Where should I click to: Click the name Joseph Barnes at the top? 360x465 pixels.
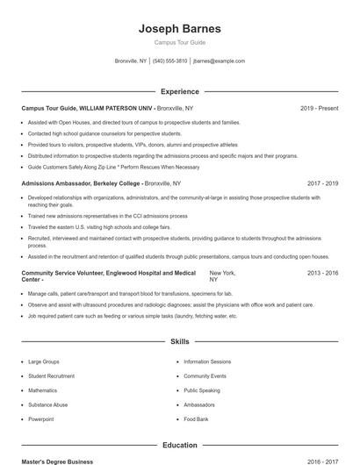pyautogui.click(x=179, y=29)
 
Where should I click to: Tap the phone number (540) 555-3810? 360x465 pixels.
pyautogui.click(x=169, y=61)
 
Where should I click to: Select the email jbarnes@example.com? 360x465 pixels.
pyautogui.click(x=219, y=61)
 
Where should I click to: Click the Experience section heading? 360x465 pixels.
pyautogui.click(x=179, y=91)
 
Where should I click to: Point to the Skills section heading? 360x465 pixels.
pyautogui.click(x=179, y=340)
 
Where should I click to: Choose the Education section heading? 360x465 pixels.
pyautogui.click(x=179, y=445)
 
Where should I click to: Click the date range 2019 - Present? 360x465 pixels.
pyautogui.click(x=319, y=108)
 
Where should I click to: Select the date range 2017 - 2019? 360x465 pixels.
pyautogui.click(x=322, y=183)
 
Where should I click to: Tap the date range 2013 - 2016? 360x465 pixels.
pyautogui.click(x=322, y=274)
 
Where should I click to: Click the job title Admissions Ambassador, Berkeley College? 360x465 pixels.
pyautogui.click(x=82, y=183)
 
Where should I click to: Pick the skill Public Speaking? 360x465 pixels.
pyautogui.click(x=202, y=390)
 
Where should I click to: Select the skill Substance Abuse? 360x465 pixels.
pyautogui.click(x=47, y=404)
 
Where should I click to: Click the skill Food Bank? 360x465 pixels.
pyautogui.click(x=196, y=419)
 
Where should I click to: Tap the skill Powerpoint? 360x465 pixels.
pyautogui.click(x=40, y=419)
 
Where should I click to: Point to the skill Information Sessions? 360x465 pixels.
pyautogui.click(x=207, y=361)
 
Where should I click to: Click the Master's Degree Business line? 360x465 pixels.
pyautogui.click(x=57, y=461)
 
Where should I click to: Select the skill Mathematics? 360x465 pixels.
pyautogui.click(x=42, y=390)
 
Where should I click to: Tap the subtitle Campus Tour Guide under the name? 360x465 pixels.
pyautogui.click(x=179, y=42)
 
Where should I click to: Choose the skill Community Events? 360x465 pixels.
pyautogui.click(x=205, y=376)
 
